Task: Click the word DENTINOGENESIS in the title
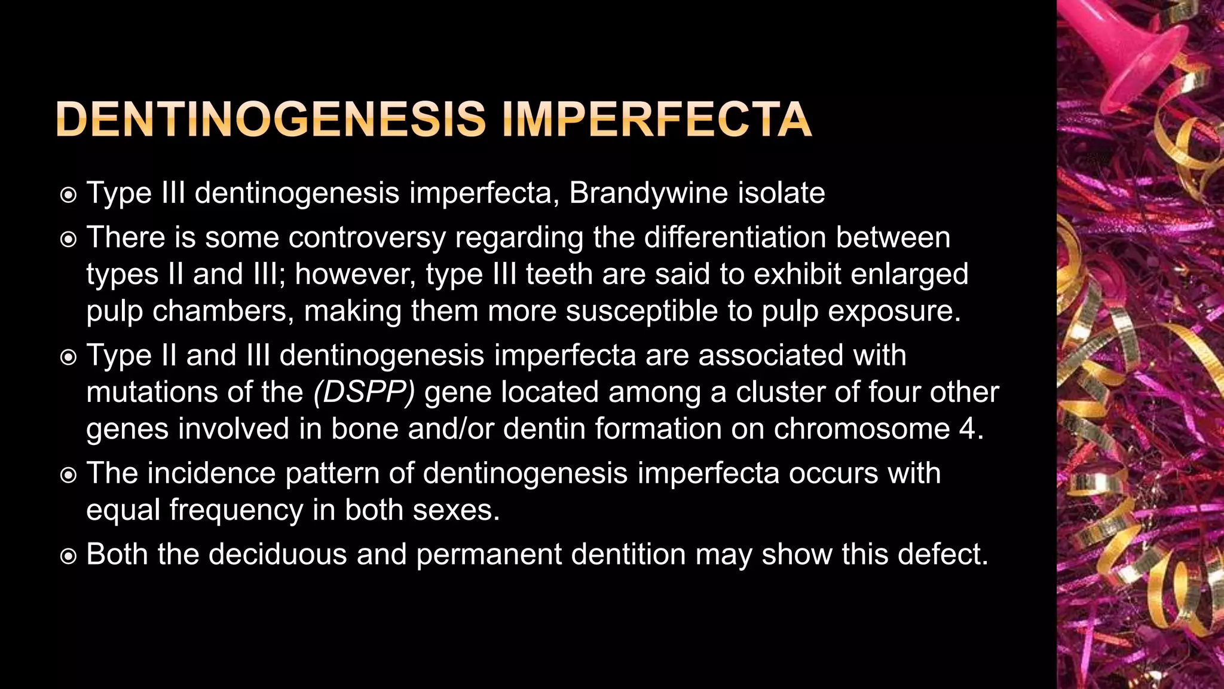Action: [x=271, y=120]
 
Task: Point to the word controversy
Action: [x=367, y=237]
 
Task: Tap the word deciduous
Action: [x=278, y=554]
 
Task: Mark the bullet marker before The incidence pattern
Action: [x=69, y=475]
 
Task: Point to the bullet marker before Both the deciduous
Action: [x=69, y=556]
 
